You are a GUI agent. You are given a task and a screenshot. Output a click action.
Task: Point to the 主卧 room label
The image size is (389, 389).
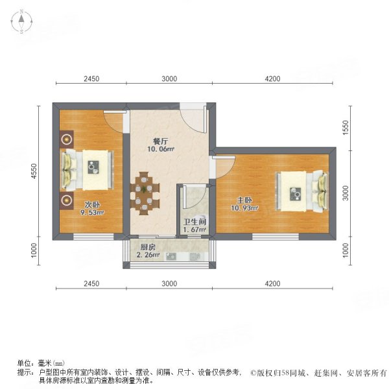241,199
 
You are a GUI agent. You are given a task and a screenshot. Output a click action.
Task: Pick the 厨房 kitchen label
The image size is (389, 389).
147,246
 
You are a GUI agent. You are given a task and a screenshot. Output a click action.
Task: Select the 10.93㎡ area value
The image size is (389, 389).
245,208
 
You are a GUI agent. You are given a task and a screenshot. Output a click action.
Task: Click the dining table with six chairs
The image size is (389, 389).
145,193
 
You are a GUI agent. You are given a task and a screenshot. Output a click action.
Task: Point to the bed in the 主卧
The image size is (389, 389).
301,192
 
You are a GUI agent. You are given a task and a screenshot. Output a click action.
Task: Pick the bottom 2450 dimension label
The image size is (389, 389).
91,283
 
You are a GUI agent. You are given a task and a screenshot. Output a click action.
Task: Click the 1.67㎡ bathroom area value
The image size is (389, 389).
195,229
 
